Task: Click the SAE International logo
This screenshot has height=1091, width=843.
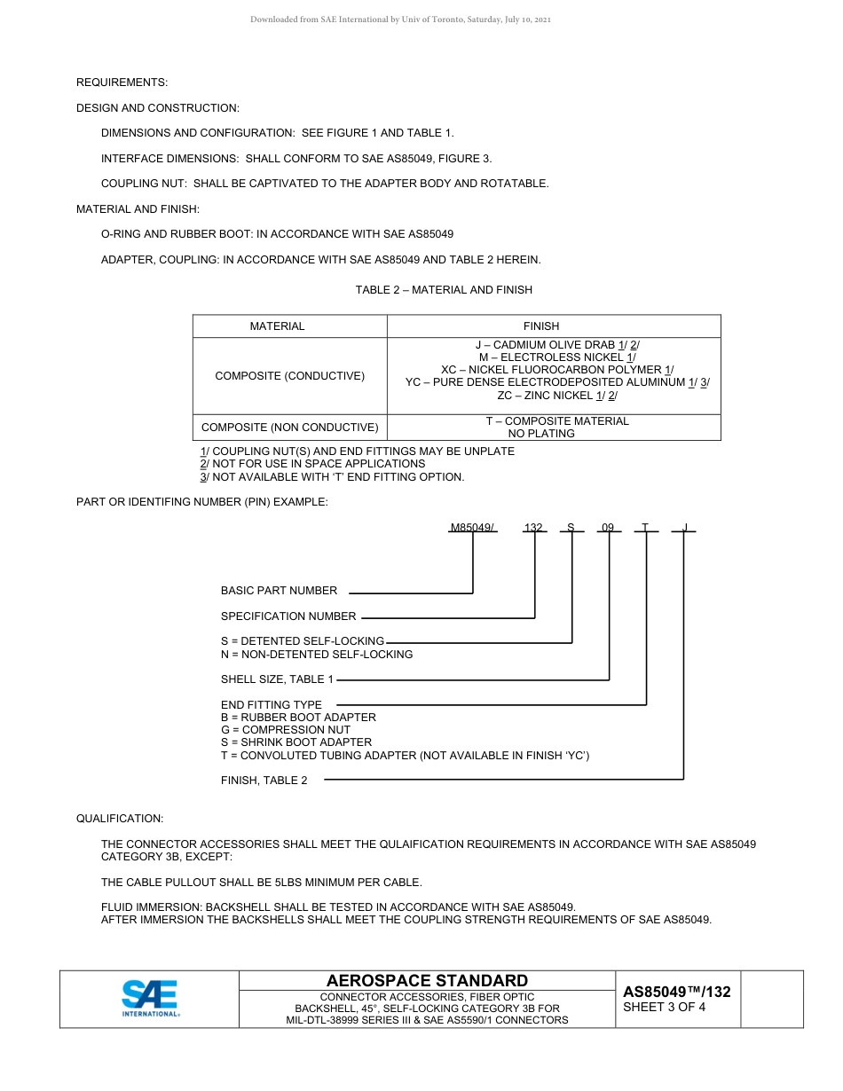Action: [150, 998]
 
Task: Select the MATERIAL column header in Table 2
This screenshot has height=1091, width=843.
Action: [277, 326]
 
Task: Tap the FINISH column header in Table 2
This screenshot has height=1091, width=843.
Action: [541, 326]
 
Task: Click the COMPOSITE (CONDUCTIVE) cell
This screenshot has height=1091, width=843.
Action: [290, 376]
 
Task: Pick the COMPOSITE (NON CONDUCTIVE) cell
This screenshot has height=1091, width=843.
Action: [290, 428]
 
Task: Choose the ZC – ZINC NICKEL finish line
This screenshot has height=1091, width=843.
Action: [557, 396]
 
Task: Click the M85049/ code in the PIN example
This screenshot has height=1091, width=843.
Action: [473, 528]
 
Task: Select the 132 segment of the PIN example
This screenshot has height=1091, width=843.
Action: [533, 528]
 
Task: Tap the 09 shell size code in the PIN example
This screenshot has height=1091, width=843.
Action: [608, 528]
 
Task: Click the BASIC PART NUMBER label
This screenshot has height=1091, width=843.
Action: [279, 591]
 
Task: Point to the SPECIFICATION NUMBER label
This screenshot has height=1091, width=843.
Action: [288, 616]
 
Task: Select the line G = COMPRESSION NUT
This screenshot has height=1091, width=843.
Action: [286, 730]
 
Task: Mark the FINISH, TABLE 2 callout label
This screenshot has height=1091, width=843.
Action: [264, 781]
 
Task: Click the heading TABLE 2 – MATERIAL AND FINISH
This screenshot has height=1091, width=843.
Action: [444, 290]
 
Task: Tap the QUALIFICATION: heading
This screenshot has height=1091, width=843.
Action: [120, 819]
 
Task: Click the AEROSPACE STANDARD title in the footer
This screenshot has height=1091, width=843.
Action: [427, 980]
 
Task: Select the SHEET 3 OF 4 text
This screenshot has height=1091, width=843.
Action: [665, 1007]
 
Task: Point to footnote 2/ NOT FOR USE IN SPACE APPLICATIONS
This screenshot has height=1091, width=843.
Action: [312, 464]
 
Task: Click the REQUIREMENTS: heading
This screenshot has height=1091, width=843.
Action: [122, 82]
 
